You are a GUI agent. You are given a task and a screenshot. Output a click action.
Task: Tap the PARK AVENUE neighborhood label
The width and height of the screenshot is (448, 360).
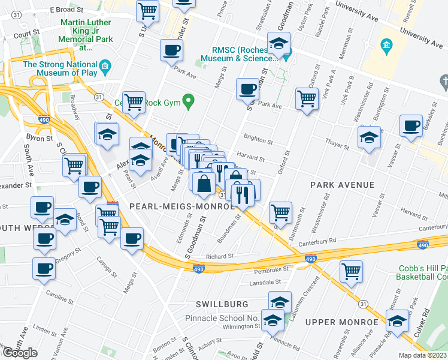342,185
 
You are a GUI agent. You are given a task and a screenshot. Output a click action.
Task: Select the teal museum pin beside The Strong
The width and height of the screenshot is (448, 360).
105,65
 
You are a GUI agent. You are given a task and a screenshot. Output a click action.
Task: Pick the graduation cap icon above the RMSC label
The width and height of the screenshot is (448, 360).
279,43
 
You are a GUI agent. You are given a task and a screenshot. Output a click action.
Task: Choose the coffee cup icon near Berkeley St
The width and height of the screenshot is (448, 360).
411,127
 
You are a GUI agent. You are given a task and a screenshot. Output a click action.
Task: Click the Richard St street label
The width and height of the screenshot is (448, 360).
219,256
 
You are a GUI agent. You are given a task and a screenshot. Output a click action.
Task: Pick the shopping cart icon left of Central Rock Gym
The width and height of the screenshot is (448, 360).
134,101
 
